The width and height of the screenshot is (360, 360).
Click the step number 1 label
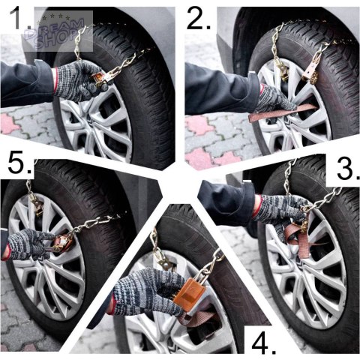20,19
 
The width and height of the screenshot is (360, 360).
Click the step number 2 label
199,18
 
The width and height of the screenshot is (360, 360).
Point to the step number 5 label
19,163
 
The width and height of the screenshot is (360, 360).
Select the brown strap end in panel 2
283,112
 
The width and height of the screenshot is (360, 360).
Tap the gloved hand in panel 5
30,244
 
